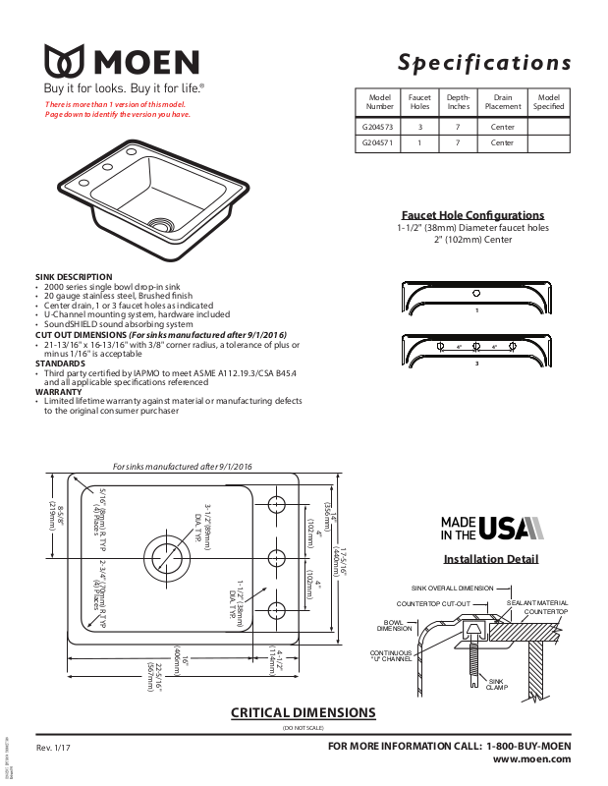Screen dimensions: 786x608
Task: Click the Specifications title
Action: (484, 63)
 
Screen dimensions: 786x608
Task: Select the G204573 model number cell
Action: (378, 127)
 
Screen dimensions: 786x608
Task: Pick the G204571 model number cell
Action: (378, 142)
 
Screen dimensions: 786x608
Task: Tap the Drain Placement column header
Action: (502, 102)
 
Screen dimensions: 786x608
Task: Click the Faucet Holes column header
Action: (420, 102)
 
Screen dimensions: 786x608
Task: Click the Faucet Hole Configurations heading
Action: (472, 215)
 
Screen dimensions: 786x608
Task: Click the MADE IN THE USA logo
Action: (490, 528)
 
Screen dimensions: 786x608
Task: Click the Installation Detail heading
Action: (491, 559)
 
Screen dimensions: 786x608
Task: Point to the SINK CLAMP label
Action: (497, 683)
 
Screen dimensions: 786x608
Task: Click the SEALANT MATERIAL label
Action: (537, 602)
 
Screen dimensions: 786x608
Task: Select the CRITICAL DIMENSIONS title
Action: (303, 712)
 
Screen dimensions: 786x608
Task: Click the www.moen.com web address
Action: (531, 758)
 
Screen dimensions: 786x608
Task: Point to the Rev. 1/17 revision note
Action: (53, 750)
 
